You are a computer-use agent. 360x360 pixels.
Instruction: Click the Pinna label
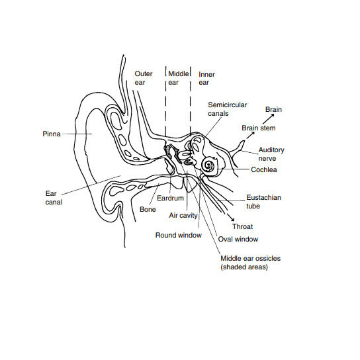pyautogui.click(x=52, y=134)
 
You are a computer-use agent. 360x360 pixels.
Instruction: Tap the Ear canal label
pyautogui.click(x=54, y=198)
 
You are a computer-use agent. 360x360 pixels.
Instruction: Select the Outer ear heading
pyautogui.click(x=144, y=78)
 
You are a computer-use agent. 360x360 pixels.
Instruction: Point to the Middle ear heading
pyautogui.click(x=179, y=78)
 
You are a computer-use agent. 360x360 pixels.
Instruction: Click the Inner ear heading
pyautogui.click(x=206, y=78)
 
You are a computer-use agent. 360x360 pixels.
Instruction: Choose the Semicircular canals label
pyautogui.click(x=227, y=109)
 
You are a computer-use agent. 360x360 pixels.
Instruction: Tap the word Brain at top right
pyautogui.click(x=273, y=109)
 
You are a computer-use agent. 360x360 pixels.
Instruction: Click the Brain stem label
pyautogui.click(x=259, y=128)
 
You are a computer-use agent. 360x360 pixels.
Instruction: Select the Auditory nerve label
pyautogui.click(x=271, y=154)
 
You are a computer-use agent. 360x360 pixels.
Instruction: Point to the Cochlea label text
pyautogui.click(x=264, y=169)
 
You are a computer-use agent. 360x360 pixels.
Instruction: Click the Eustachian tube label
pyautogui.click(x=263, y=202)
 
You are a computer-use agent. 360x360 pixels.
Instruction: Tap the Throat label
pyautogui.click(x=242, y=226)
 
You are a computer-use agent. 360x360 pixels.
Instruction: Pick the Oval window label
pyautogui.click(x=238, y=240)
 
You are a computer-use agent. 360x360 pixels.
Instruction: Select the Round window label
pyautogui.click(x=179, y=235)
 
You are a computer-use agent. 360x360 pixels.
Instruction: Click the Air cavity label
pyautogui.click(x=183, y=216)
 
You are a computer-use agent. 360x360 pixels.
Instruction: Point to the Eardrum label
pyautogui.click(x=170, y=198)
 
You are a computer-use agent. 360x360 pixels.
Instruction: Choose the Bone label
pyautogui.click(x=148, y=209)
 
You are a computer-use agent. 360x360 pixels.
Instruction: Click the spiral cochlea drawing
pyautogui.click(x=209, y=165)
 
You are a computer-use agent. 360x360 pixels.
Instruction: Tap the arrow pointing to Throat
pyautogui.click(x=230, y=218)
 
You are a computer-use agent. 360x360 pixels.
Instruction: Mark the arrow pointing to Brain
pyautogui.click(x=269, y=118)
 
